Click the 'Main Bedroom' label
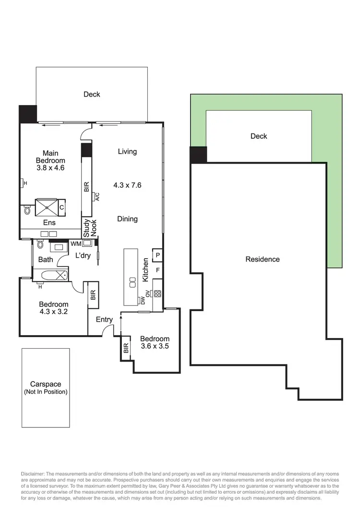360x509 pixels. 50,157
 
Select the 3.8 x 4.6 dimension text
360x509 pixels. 50,168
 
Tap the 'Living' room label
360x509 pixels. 127,151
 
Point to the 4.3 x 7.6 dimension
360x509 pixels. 127,185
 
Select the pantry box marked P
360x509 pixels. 157,254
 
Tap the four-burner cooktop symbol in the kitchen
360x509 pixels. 157,294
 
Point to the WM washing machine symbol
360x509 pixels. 86,243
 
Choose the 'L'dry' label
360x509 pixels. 83,255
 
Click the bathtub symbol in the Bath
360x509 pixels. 54,276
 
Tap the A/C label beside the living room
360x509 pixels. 97,197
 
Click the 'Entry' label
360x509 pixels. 104,320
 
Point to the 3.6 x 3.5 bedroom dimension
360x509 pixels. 155,346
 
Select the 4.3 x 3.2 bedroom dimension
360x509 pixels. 53,312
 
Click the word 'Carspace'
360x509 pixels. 46,384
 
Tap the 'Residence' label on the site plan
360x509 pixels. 263,259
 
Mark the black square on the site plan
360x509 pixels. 198,155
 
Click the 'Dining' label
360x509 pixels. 127,218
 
